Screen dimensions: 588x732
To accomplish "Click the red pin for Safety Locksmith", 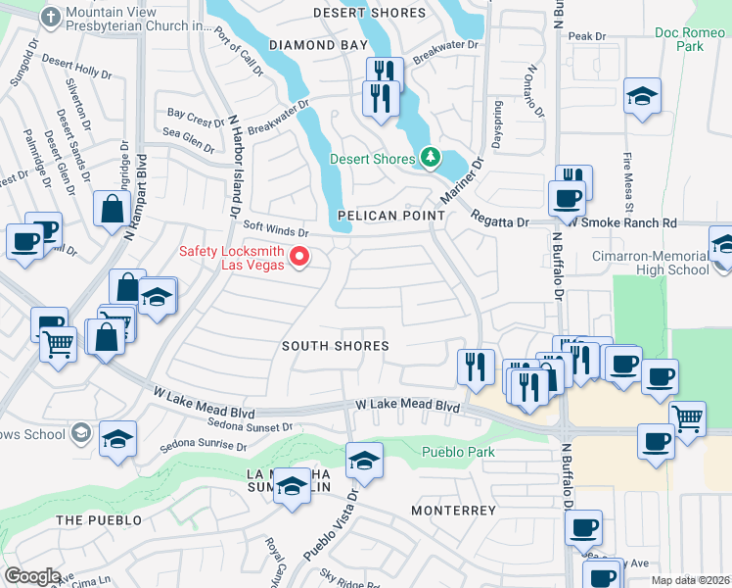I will coord(300,258).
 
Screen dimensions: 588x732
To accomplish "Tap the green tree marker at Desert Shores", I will coord(429,157).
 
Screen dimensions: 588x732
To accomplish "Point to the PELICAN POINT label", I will coord(384,215).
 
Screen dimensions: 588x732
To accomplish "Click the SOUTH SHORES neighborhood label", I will coord(336,346).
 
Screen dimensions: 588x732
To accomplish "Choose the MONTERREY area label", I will coord(453,511).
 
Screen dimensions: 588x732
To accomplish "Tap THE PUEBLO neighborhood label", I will coord(99,520).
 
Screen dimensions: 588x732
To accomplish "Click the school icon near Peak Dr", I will coord(642,96).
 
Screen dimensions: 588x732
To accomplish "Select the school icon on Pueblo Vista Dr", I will coord(363,460).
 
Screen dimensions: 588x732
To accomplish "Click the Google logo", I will coord(32,576).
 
